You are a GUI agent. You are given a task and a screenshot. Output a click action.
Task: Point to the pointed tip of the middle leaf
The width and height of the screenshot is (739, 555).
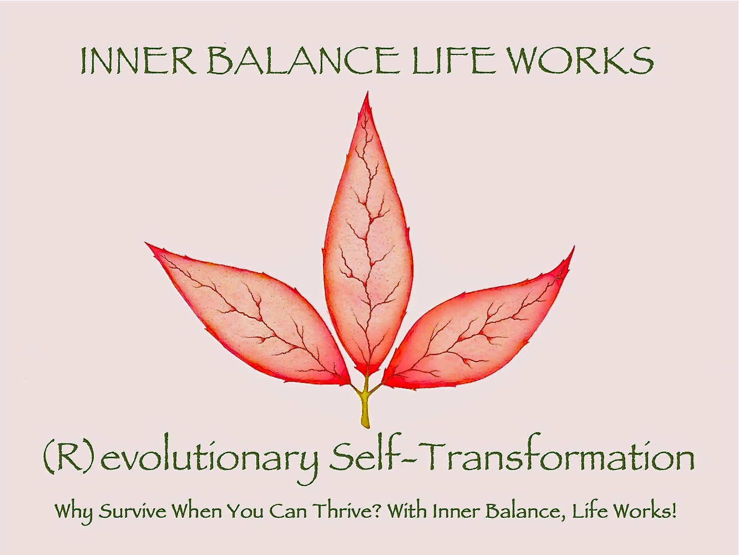(367, 92)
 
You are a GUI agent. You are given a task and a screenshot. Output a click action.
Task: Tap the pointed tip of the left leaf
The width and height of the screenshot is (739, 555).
(146, 243)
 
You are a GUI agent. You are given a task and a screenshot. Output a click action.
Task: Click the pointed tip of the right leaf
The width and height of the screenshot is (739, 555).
(574, 247)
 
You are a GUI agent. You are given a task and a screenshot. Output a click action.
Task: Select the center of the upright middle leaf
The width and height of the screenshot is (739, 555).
(368, 236)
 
